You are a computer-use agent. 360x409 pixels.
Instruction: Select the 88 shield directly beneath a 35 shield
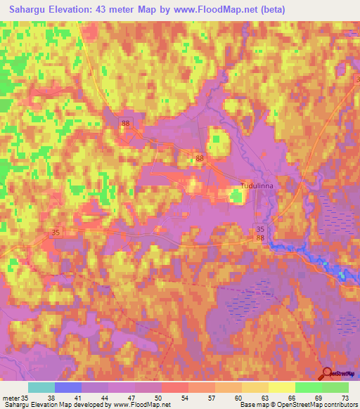click(261, 239)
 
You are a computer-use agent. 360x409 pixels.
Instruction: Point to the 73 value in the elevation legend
click(345, 397)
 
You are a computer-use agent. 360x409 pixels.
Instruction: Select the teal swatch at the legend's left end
click(41, 387)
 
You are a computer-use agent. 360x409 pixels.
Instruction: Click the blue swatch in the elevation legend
click(67, 387)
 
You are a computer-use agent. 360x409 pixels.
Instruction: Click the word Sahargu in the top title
click(26, 9)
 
